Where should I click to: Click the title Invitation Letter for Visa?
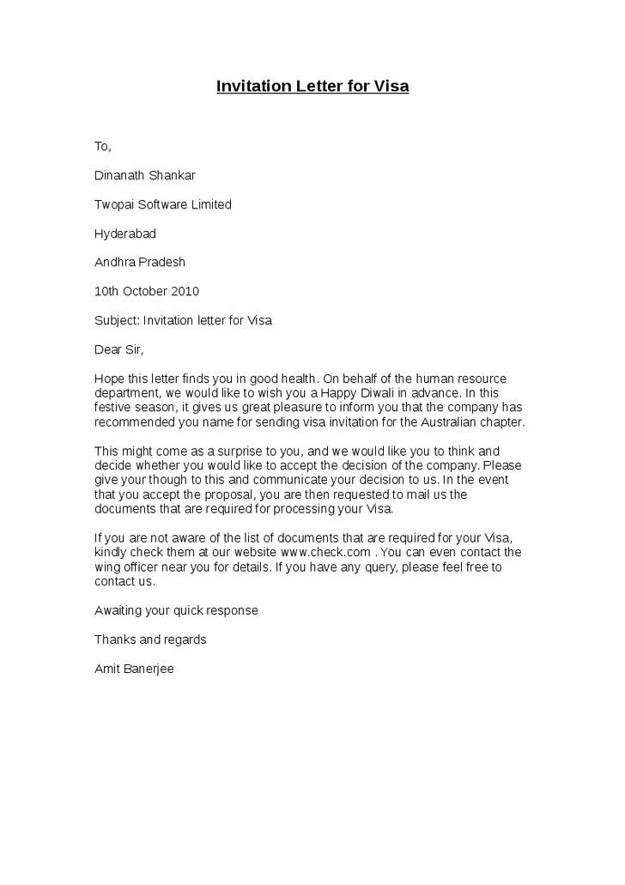(312, 87)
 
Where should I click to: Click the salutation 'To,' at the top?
(103, 146)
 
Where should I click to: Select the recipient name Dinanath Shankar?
(145, 175)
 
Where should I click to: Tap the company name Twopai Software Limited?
(162, 204)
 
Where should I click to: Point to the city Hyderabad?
(125, 233)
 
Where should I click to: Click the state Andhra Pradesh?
(140, 262)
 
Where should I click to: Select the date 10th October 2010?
(147, 291)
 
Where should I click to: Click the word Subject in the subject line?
(116, 320)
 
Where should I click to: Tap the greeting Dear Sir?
(119, 349)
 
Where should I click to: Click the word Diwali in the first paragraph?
(389, 393)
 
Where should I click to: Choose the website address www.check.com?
(326, 552)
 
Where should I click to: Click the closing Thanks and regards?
(150, 640)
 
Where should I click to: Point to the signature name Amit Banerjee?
(134, 669)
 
